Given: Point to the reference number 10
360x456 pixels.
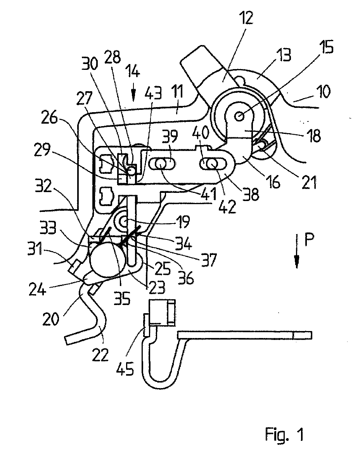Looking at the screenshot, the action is [x=324, y=92].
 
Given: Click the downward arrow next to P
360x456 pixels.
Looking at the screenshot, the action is [x=297, y=251].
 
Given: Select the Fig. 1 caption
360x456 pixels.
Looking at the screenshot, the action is [x=284, y=435].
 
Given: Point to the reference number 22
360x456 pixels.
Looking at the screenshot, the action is [x=100, y=355].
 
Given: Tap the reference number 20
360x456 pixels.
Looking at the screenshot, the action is [x=50, y=319].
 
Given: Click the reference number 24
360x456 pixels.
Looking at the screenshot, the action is [x=37, y=290].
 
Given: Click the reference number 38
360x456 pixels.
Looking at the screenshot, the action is [x=250, y=194].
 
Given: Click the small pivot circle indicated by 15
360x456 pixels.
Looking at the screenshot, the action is [x=239, y=116].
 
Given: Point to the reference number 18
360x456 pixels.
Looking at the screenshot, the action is [x=314, y=135].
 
